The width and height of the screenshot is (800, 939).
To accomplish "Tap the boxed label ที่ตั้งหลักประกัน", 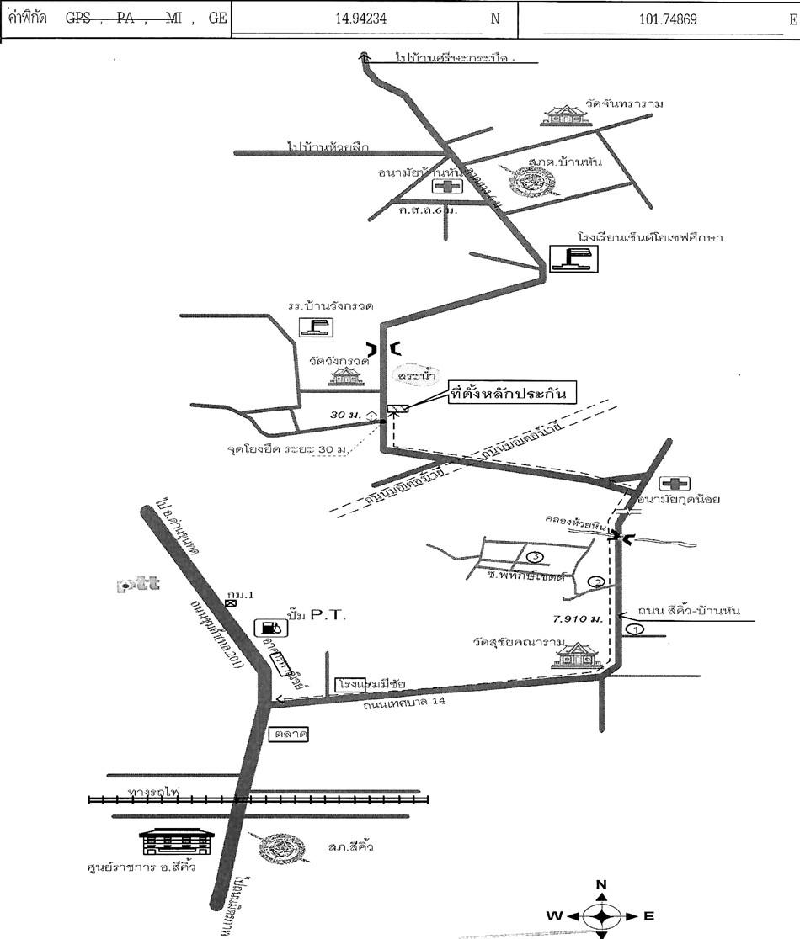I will coord(512,393).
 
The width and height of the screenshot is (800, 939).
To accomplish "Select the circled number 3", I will coord(534,556).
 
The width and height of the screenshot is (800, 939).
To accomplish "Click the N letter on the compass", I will coord(601,884).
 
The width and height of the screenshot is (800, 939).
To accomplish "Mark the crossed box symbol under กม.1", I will coord(231,603).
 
